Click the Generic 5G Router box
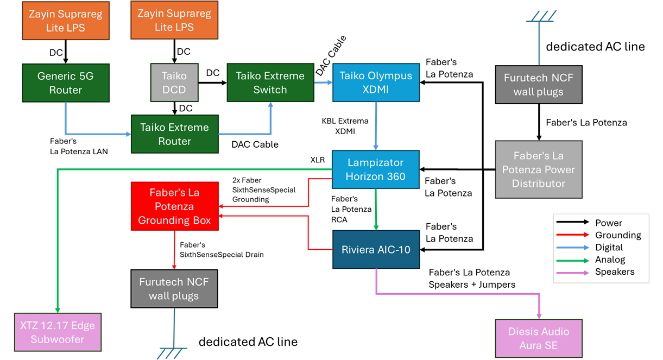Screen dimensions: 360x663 pos(66,83)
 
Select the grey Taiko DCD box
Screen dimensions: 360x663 pos(174,83)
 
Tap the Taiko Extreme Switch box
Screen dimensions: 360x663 pos(270,83)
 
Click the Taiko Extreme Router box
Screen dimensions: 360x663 pos(174,134)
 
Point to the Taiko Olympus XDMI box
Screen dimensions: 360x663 pos(376,83)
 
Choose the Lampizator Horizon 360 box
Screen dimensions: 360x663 pos(376,169)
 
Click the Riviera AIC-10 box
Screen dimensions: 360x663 pos(376,250)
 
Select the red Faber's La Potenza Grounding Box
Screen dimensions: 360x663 pos(174,206)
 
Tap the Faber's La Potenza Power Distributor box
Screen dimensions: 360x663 pos(538,169)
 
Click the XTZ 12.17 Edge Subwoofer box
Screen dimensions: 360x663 pos(58,332)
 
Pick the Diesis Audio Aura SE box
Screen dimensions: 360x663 pos(538,338)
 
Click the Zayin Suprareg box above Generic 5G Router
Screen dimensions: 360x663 pos(66,21)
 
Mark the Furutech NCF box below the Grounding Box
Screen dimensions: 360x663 pos(174,289)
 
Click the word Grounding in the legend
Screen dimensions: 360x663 pos(618,235)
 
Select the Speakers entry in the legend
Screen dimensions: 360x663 pos(615,271)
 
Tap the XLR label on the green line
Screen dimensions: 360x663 pos(318,160)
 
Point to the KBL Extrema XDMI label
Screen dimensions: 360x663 pos(345,126)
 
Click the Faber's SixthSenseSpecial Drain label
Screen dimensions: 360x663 pos(222,250)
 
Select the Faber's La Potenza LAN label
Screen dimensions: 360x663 pos(79,147)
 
